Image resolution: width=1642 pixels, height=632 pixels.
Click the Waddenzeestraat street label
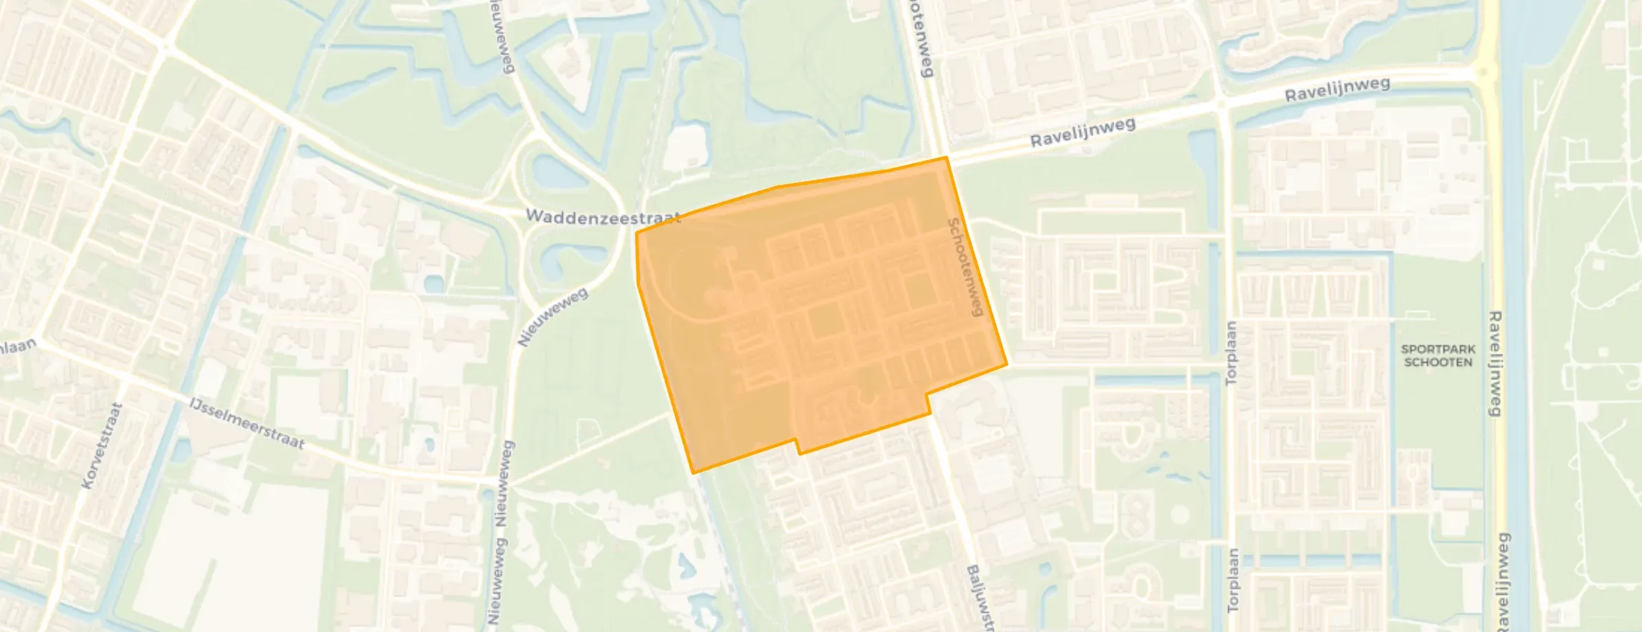coord(603,217)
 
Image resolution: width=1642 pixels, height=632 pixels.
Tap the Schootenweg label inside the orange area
coord(965,267)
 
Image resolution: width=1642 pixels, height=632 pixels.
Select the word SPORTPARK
coord(1438,349)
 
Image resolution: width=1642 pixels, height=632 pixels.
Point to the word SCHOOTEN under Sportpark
coord(1438,362)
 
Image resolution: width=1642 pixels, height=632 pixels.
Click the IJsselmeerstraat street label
coord(247,422)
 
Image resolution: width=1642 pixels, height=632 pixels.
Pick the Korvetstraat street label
coord(102,445)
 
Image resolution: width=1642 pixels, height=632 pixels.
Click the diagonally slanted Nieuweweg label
coord(553,317)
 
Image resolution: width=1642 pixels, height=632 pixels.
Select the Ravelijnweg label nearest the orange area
coord(1083,132)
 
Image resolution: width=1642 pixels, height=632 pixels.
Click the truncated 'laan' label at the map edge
coord(16,346)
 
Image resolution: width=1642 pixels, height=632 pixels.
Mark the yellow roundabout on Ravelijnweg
coord(1485,71)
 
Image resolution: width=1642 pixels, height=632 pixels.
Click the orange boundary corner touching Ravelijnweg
coord(947,158)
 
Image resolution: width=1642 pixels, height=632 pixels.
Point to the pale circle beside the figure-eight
coord(1179,514)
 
